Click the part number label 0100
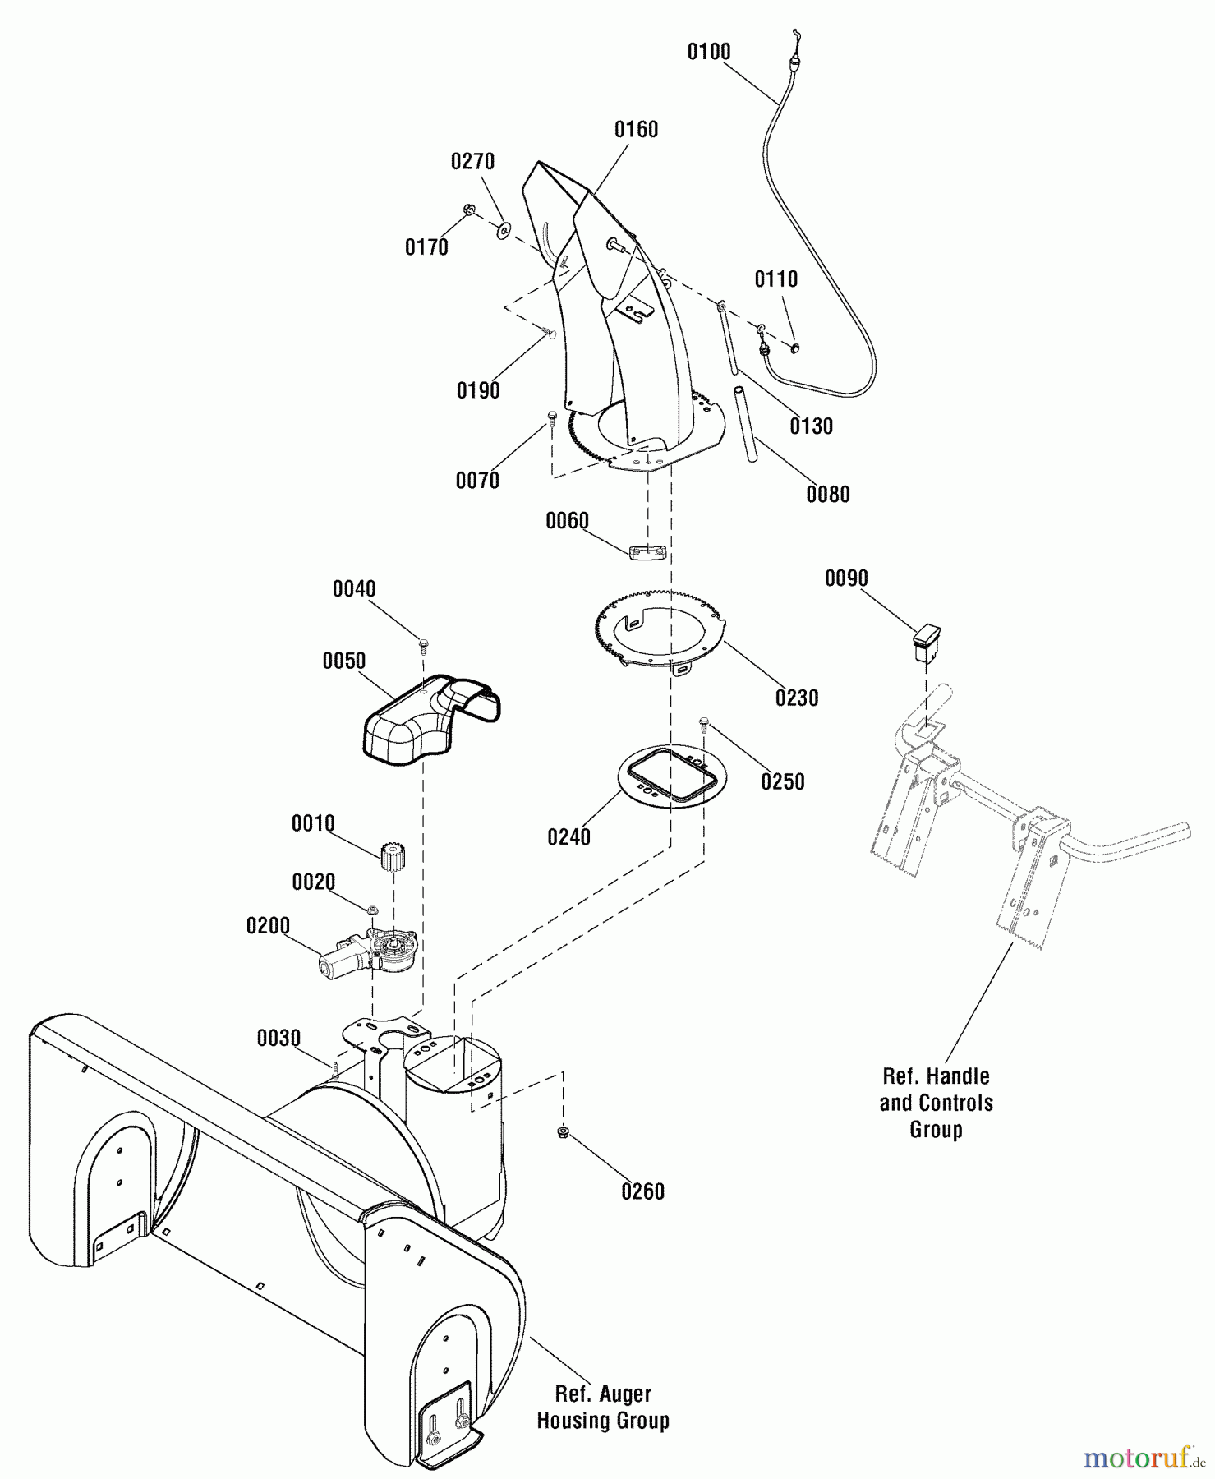[708, 52]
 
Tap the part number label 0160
[636, 129]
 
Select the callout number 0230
[797, 698]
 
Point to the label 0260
[642, 1191]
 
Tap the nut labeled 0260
[562, 1133]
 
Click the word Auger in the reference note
[628, 1394]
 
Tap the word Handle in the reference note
[960, 1076]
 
